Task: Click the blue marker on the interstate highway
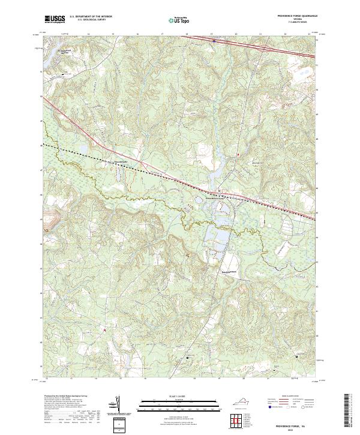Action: [214, 41]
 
